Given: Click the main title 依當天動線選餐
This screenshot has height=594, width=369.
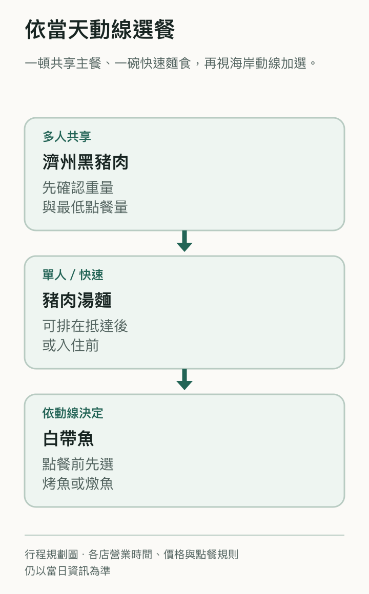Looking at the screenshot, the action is tap(100, 30).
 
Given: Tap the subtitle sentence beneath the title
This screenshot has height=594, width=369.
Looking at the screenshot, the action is tap(171, 63).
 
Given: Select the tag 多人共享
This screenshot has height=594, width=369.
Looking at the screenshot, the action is tap(67, 136).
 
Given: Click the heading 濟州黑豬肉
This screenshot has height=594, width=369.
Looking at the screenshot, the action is tap(85, 162).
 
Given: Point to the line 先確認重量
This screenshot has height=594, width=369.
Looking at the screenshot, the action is tap(78, 187).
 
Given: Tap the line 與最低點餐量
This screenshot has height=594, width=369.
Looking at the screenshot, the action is tap(85, 207).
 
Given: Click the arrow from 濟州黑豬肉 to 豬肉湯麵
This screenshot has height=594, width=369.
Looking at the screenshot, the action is tap(184, 241).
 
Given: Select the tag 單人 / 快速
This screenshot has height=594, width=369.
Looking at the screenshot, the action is tap(73, 274).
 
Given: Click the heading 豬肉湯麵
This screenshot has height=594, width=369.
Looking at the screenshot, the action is tap(77, 301).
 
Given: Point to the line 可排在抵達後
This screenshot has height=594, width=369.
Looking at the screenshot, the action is tap(85, 326).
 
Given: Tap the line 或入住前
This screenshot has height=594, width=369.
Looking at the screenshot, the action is tap(71, 346).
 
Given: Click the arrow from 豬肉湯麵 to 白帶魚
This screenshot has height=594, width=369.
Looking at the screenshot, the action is tap(184, 379).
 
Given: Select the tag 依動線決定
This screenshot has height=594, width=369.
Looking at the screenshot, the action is tap(73, 413).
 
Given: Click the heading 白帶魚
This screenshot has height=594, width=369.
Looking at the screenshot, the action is tap(68, 439).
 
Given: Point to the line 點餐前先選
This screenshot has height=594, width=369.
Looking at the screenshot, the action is tap(78, 464).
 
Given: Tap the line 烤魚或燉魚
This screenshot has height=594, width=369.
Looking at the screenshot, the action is tap(78, 484).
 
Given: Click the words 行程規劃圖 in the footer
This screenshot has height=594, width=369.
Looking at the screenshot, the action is tap(52, 555).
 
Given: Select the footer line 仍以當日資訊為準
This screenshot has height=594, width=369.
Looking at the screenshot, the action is tap(68, 570).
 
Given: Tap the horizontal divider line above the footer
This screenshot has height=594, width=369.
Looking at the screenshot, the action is tap(184, 535).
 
